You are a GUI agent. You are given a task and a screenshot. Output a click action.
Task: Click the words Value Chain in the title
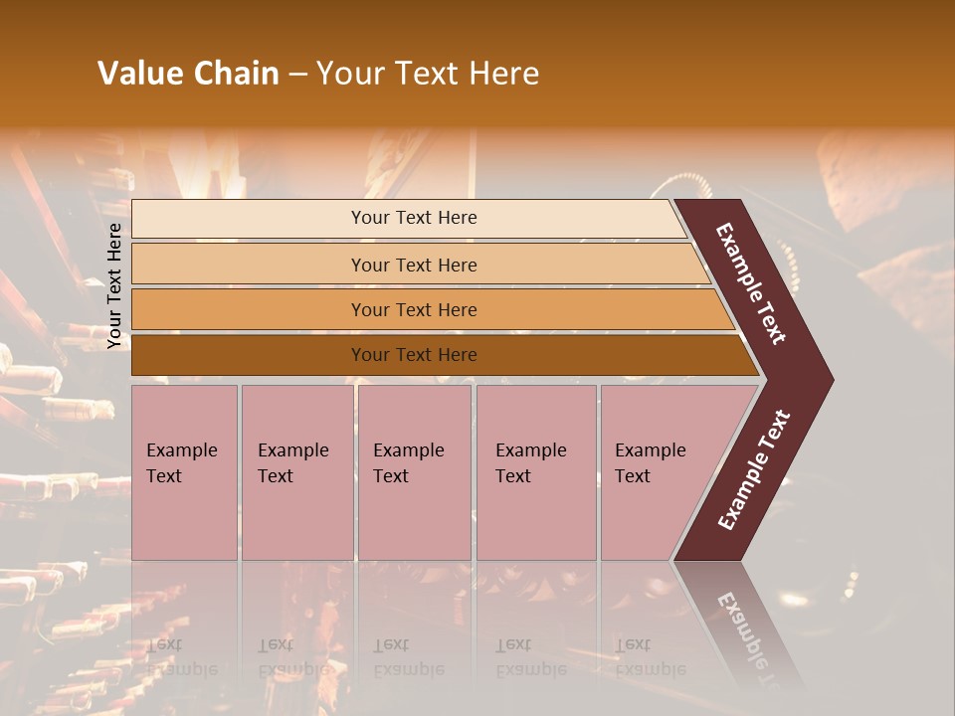188,74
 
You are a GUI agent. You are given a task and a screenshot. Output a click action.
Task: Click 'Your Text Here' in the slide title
428,74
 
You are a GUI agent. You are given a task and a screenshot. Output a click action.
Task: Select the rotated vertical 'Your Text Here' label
114,285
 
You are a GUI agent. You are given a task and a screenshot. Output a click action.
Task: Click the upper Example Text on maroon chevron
751,283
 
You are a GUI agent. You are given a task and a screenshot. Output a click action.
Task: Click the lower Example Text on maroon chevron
754,469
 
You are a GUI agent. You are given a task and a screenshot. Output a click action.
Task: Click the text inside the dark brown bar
414,355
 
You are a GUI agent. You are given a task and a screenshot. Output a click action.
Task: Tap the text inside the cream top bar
414,218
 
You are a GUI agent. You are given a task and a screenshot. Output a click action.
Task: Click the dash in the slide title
297,75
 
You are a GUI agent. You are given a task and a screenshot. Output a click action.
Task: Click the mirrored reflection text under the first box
181,657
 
